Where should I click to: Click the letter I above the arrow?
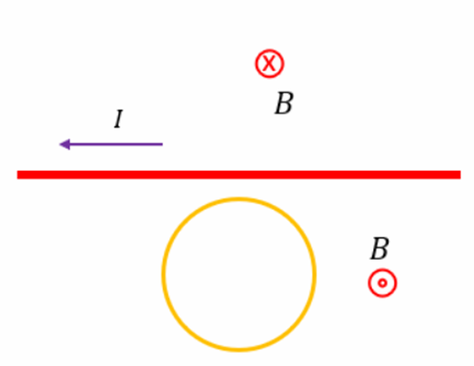(x=119, y=119)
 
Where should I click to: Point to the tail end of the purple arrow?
(x=163, y=144)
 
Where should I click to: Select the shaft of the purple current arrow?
(x=116, y=144)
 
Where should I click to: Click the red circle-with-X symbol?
(x=269, y=64)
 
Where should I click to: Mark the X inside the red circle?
(x=269, y=64)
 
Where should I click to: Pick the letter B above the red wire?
(x=284, y=103)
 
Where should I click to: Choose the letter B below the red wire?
(x=380, y=249)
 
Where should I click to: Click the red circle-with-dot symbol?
(x=383, y=283)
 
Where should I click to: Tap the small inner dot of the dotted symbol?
(x=383, y=283)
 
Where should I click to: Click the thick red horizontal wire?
(x=239, y=175)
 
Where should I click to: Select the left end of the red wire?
(x=18, y=175)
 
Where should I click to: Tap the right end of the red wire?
(x=461, y=175)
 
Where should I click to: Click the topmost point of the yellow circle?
(x=239, y=199)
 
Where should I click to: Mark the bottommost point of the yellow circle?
(x=239, y=350)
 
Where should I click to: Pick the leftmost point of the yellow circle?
(x=163, y=275)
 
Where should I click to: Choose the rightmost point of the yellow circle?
(x=315, y=275)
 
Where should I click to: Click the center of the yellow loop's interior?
(x=239, y=275)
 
